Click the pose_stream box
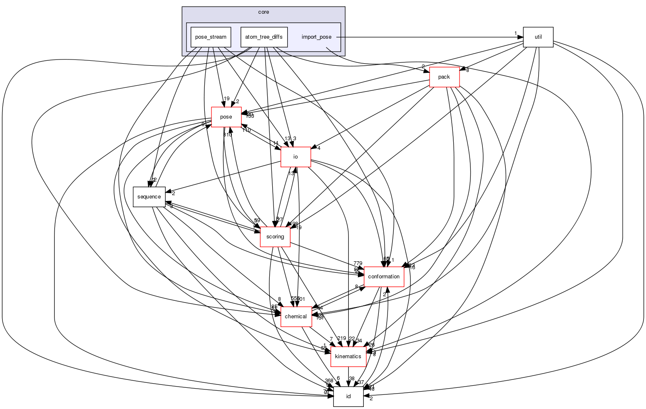pyautogui.click(x=211, y=37)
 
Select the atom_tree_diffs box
pyautogui.click(x=263, y=37)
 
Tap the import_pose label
pyautogui.click(x=316, y=37)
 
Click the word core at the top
pyautogui.click(x=263, y=12)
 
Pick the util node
pyautogui.click(x=538, y=37)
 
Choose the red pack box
pyautogui.click(x=444, y=77)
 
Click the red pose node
pyautogui.click(x=226, y=117)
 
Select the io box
pyautogui.click(x=296, y=157)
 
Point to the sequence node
pyautogui.click(x=149, y=197)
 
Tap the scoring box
pyautogui.click(x=275, y=237)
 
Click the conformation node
pyautogui.click(x=384, y=277)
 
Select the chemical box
pyautogui.click(x=296, y=317)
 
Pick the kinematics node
pyautogui.click(x=348, y=357)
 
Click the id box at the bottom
pyautogui.click(x=348, y=397)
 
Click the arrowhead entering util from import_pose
pyautogui.click(x=520, y=37)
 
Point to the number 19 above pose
pyautogui.click(x=226, y=99)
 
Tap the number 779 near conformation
pyautogui.click(x=358, y=263)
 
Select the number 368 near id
pyautogui.click(x=329, y=381)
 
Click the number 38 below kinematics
pyautogui.click(x=352, y=379)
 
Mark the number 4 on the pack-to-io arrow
pyautogui.click(x=318, y=148)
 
